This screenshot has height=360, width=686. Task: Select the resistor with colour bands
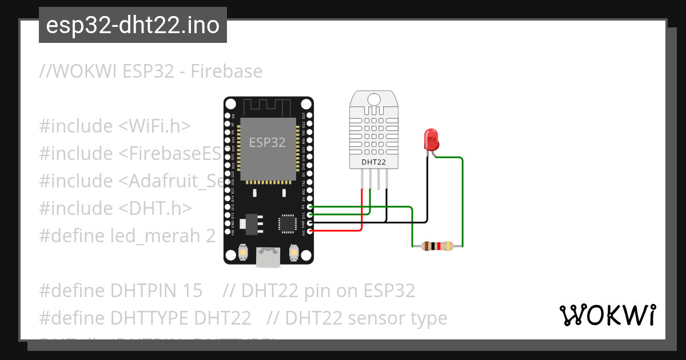point(437,246)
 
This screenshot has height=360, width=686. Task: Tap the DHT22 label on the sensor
point(373,162)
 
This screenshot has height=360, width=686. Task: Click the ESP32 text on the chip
point(267,142)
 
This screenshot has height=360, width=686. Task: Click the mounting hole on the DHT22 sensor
point(373,99)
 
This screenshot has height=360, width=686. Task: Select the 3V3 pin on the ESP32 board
point(309,231)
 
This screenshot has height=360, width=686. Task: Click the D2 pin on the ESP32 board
point(309,207)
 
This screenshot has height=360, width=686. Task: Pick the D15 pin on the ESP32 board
point(309,215)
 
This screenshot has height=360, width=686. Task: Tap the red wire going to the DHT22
point(361,211)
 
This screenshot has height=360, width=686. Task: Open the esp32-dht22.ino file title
point(133,25)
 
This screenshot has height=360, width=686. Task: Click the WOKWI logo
point(607,315)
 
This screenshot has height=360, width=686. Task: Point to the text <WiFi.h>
point(155,126)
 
